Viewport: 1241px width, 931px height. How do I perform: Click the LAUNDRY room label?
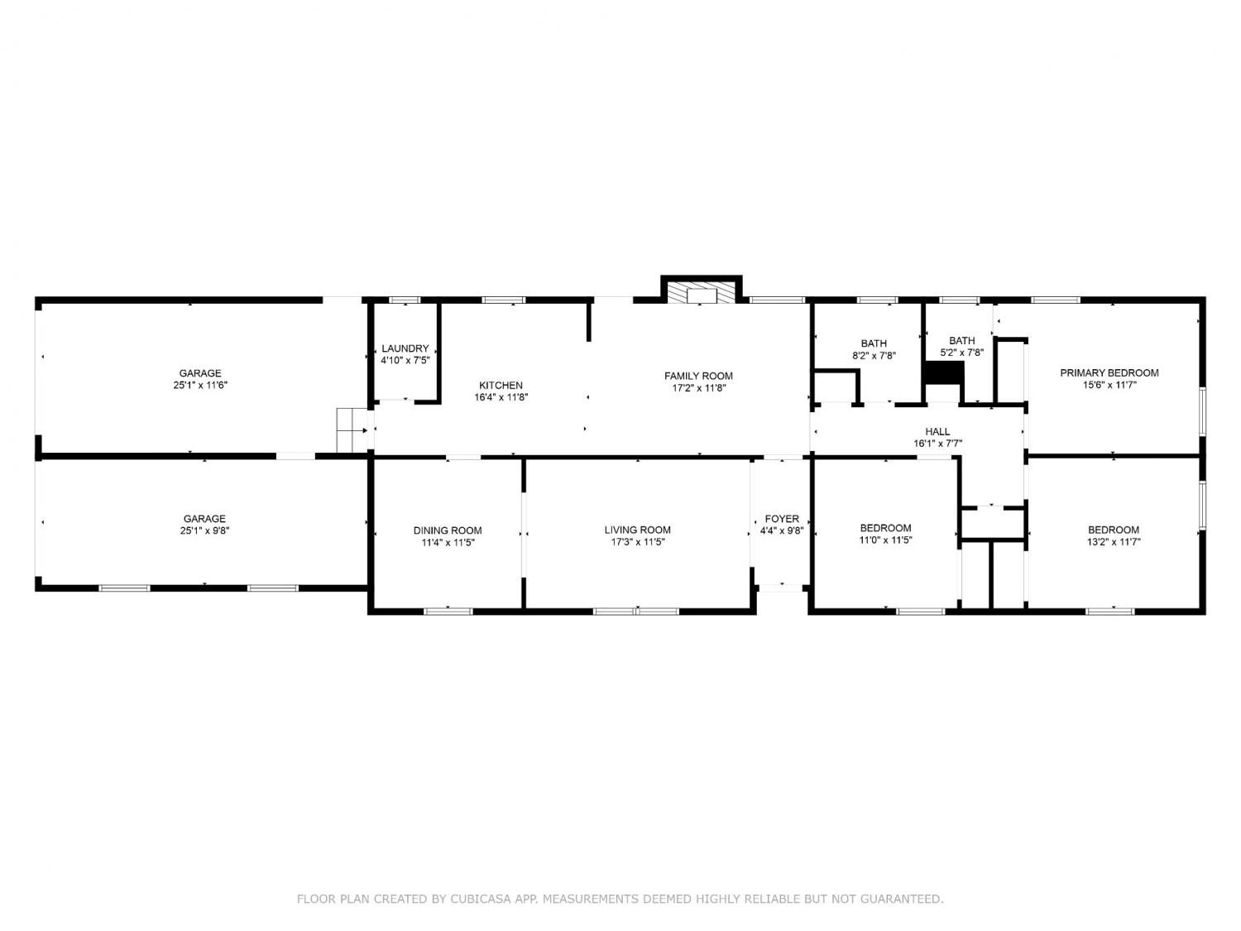pos(405,348)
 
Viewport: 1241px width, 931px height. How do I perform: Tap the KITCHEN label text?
pos(501,386)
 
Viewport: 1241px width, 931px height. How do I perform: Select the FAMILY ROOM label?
pos(698,376)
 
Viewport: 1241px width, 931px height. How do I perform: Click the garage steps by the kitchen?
pos(352,430)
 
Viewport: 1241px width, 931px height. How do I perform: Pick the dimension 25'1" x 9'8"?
pos(204,530)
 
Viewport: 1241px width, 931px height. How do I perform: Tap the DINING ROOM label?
pos(448,530)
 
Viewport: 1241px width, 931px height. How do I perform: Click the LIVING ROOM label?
pos(637,530)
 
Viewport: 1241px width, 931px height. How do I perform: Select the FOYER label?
pos(782,519)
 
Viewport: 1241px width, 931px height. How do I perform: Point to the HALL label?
pos(937,432)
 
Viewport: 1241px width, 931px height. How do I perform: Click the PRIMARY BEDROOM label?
pos(1109,373)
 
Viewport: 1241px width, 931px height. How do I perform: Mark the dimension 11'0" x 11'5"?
pos(886,540)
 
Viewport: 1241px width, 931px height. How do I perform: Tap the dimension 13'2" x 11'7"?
pos(1114,542)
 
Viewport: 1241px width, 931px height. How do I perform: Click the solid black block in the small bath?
pos(944,373)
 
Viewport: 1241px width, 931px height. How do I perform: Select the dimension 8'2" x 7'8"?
pos(874,356)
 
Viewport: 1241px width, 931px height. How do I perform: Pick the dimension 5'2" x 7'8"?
pos(961,353)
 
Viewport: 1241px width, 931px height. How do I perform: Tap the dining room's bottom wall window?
pos(448,611)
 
